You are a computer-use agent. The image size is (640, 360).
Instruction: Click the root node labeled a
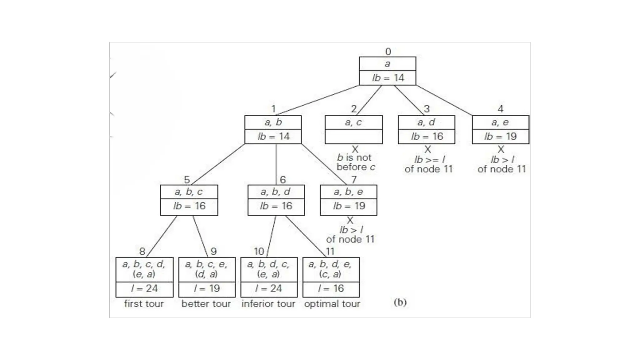pos(387,64)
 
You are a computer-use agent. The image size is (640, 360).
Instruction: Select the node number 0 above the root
pos(388,51)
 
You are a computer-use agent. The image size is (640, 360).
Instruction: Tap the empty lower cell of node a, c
pos(353,137)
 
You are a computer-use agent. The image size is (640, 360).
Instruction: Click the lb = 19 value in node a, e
pos(500,137)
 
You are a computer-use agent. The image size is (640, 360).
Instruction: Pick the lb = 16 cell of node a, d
pos(427,137)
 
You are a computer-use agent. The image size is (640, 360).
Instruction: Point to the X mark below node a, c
pos(355,149)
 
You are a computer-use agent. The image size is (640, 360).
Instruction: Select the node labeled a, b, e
pos(348,192)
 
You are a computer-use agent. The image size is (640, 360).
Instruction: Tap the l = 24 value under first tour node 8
pos(144,288)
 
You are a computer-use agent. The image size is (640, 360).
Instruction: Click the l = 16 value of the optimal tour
pos(331,288)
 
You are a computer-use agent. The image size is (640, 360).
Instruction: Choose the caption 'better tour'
pos(206,304)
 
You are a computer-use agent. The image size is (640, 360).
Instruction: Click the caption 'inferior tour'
pos(268,304)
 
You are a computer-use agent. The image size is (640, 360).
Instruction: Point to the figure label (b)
pos(400,302)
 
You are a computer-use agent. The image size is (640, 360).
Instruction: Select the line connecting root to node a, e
pos(444,100)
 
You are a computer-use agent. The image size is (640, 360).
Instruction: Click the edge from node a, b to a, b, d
pos(276,164)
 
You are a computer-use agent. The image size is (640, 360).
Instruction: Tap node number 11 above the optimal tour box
pos(330,251)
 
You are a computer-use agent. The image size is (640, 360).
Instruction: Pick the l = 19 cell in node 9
pos(207,288)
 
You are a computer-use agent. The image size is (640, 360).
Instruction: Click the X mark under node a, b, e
pos(350,220)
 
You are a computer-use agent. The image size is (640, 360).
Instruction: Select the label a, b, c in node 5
pos(189,192)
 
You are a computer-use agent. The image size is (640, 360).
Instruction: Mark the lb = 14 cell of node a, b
pos(273,137)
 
